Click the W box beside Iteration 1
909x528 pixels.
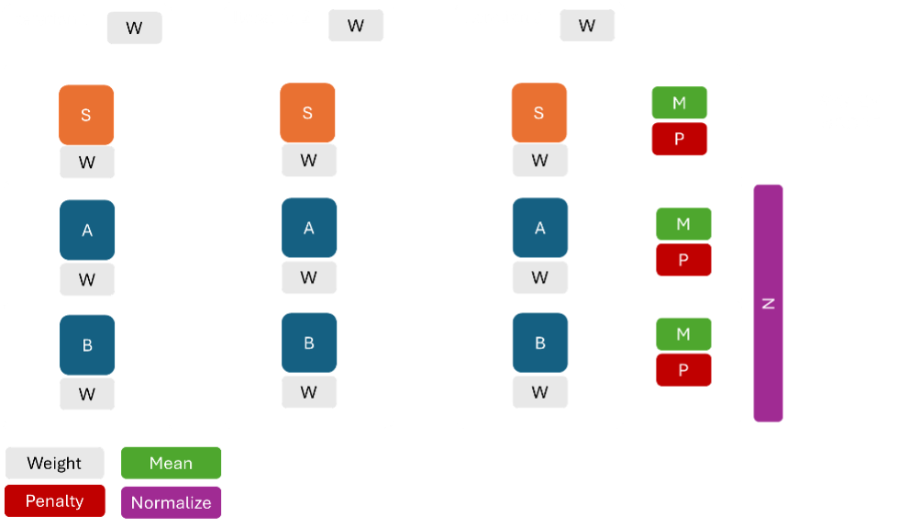(134, 28)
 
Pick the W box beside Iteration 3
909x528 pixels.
(587, 26)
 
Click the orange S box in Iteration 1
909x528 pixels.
(86, 115)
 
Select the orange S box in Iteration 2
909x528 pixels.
(307, 113)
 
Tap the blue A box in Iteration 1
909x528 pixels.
(87, 230)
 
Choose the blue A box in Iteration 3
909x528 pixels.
(539, 228)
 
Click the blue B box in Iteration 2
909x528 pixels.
(309, 343)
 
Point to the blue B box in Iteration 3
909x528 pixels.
(539, 343)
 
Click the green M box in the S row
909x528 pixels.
(679, 103)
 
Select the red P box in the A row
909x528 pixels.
(682, 260)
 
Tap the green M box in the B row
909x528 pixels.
(682, 334)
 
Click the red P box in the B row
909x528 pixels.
(682, 370)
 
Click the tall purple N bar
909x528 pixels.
(768, 303)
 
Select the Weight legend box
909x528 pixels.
(54, 464)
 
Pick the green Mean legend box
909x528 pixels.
(171, 464)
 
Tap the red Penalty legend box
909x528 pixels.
(54, 501)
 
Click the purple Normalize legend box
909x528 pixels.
(171, 502)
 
